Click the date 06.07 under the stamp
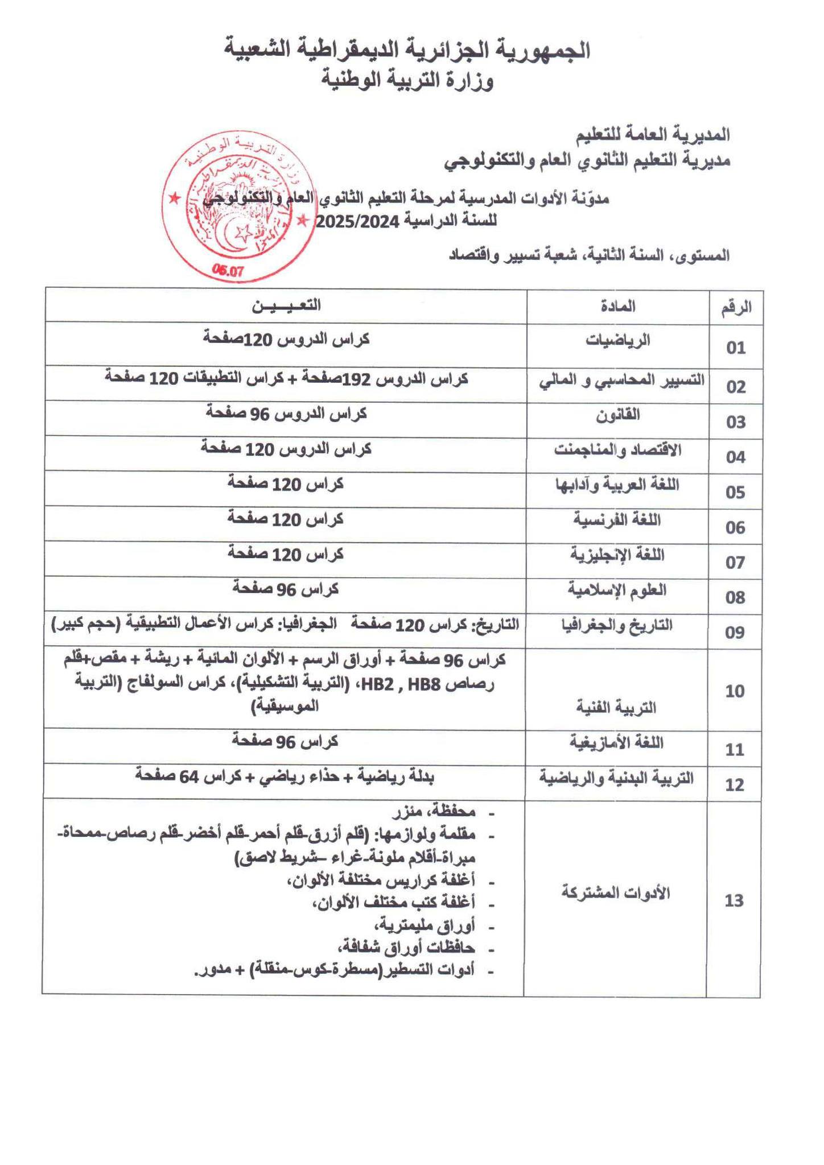coord(228,271)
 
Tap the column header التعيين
coord(286,305)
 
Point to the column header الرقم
coord(736,308)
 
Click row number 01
coord(736,348)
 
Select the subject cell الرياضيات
coord(617,340)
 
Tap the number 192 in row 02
coord(357,378)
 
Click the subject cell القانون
coord(617,415)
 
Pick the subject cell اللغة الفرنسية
coord(617,519)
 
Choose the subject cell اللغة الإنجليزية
coord(617,555)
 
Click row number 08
coord(735,597)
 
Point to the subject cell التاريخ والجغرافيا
coord(617,625)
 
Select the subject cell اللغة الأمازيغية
coord(617,742)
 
